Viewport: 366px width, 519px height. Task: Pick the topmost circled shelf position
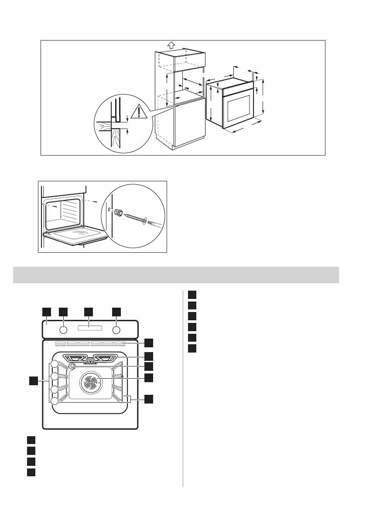54,364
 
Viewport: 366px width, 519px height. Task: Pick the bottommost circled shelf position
54,401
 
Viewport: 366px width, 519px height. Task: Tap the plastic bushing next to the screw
116,213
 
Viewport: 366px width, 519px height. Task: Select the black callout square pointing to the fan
149,377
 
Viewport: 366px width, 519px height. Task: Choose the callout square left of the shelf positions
33,381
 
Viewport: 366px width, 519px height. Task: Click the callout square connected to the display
89,312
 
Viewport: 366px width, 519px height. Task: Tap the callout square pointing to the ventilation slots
149,342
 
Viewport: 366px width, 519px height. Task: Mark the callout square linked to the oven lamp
149,366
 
